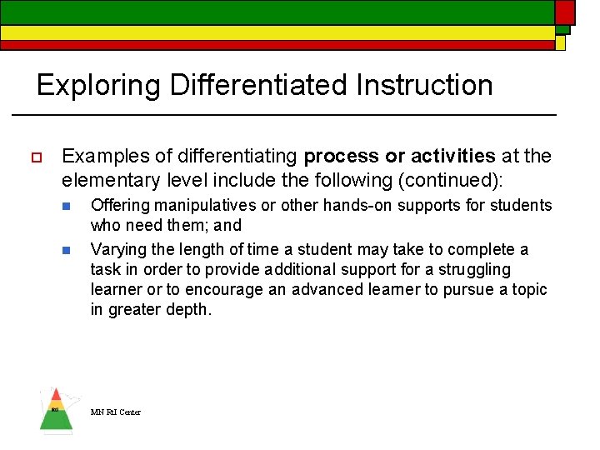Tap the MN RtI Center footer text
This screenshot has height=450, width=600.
click(x=116, y=412)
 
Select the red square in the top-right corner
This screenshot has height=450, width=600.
click(x=565, y=12)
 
